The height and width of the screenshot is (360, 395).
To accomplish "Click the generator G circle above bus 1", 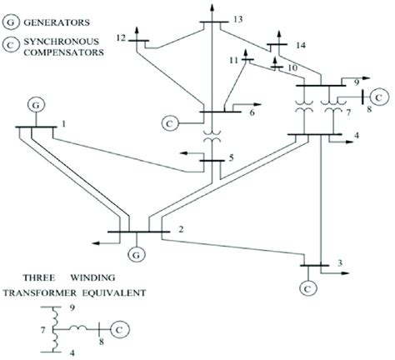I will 36,105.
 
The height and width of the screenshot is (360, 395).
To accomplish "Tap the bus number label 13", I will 239,18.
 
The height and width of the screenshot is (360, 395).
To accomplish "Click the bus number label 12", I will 122,37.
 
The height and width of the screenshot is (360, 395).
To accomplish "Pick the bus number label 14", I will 302,43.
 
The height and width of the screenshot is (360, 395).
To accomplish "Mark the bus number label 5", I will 231,157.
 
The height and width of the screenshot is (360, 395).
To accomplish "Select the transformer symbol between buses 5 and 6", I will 208,134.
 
